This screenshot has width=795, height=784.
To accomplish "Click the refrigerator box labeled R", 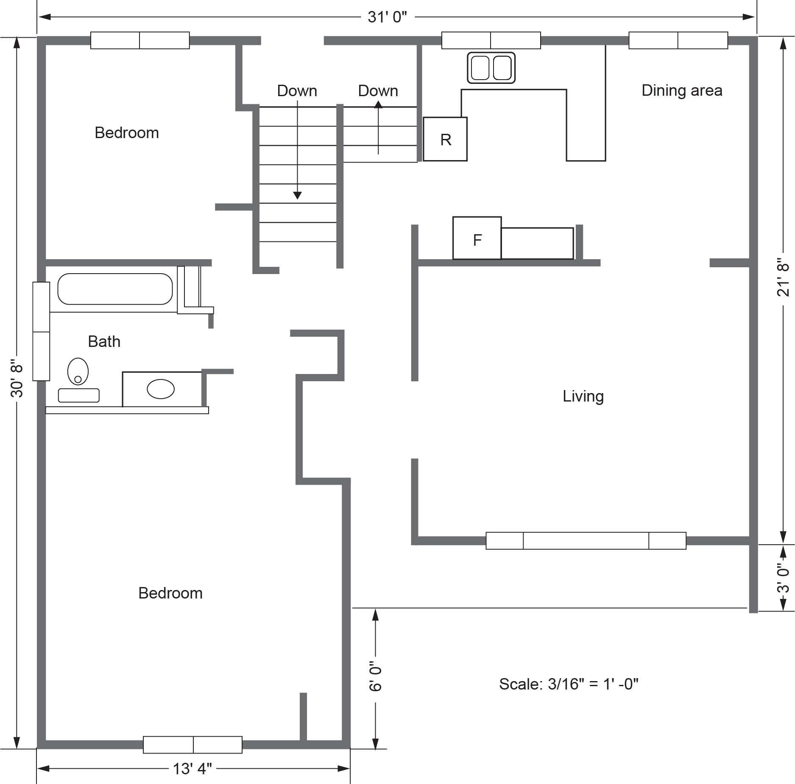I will (445, 139).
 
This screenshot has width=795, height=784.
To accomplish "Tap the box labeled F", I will (477, 238).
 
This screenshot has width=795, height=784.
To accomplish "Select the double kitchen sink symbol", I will (491, 68).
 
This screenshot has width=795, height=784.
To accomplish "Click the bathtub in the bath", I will (115, 289).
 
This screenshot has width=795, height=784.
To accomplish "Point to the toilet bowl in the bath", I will (78, 371).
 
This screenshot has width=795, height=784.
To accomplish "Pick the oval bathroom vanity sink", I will (161, 389).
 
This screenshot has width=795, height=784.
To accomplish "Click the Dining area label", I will (681, 90).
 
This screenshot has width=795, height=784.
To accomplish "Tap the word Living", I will (583, 396).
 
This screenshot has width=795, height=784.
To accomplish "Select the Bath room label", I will (104, 341).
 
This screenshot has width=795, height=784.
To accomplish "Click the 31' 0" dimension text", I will (387, 17).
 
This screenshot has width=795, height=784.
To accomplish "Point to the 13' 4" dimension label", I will (192, 768).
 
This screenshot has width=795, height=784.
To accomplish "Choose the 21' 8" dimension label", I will (783, 277).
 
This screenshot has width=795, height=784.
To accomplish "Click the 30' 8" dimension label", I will (17, 378).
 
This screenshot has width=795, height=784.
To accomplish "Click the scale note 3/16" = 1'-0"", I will (568, 684).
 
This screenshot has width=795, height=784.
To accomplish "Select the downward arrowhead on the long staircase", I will (297, 195).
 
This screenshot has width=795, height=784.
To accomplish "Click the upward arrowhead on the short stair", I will (378, 104).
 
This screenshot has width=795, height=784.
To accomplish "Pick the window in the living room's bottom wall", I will (586, 540).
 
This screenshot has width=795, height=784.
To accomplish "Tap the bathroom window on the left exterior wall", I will (41, 331).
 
